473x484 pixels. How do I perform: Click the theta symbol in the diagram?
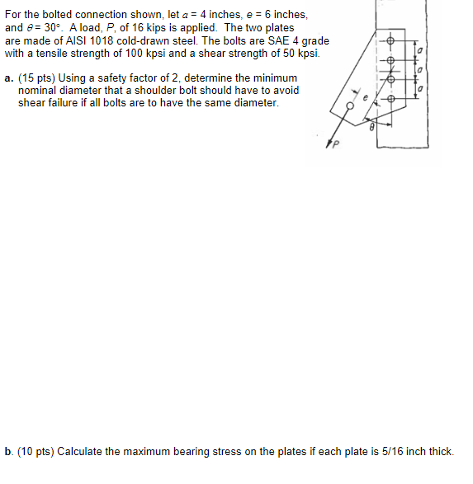click(371, 129)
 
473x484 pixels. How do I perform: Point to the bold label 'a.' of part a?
click(8, 78)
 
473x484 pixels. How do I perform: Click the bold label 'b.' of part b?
click(8, 451)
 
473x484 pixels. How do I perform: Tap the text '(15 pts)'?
click(35, 78)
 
